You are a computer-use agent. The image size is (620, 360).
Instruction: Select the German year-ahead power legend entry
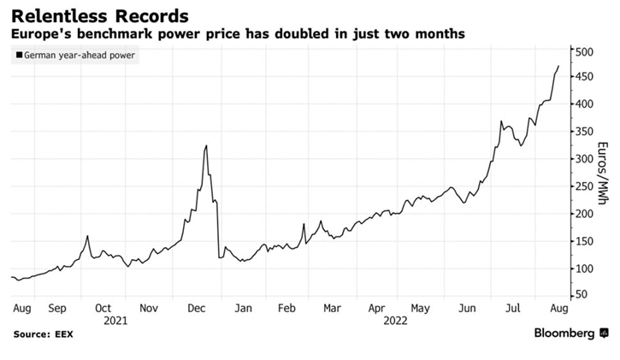pos(76,56)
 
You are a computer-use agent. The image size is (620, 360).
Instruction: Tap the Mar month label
pos(333,308)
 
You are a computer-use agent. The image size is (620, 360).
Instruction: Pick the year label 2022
pos(395,321)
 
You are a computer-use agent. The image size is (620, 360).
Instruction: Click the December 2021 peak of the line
pos(206,146)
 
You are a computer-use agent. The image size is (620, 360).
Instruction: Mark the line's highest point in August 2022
pos(558,66)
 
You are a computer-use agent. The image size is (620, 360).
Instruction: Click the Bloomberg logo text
pos(564,332)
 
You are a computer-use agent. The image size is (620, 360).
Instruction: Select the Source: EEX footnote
pos(43,333)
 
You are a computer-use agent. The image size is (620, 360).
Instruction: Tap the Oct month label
pos(103,308)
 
